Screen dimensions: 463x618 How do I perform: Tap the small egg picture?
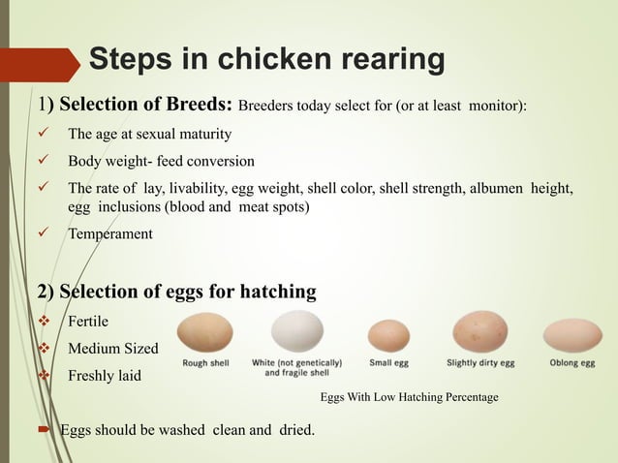(388, 336)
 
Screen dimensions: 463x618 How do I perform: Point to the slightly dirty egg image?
(479, 333)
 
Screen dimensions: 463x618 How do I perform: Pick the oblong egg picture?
(572, 335)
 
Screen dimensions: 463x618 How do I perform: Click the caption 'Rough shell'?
(204, 363)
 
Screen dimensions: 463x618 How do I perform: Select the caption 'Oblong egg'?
(572, 363)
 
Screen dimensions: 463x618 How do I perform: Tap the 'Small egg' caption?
(388, 363)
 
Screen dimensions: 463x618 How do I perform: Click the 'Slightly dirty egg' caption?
(480, 363)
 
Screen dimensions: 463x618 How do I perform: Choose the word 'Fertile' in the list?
(88, 321)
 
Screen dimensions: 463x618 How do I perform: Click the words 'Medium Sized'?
(112, 348)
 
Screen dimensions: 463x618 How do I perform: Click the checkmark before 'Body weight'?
(40, 160)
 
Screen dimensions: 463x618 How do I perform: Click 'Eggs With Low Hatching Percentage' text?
(409, 397)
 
